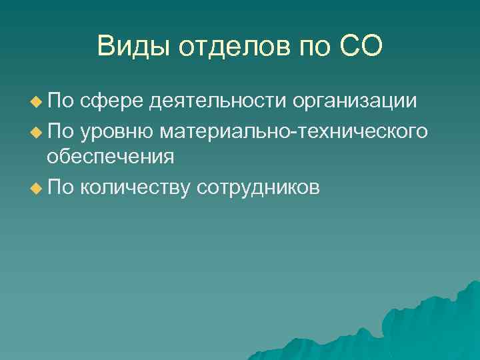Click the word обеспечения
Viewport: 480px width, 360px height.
coord(110,157)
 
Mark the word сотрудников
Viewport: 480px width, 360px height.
coord(259,187)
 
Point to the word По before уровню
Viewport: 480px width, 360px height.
coord(61,131)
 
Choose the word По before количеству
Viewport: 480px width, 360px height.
coord(61,187)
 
